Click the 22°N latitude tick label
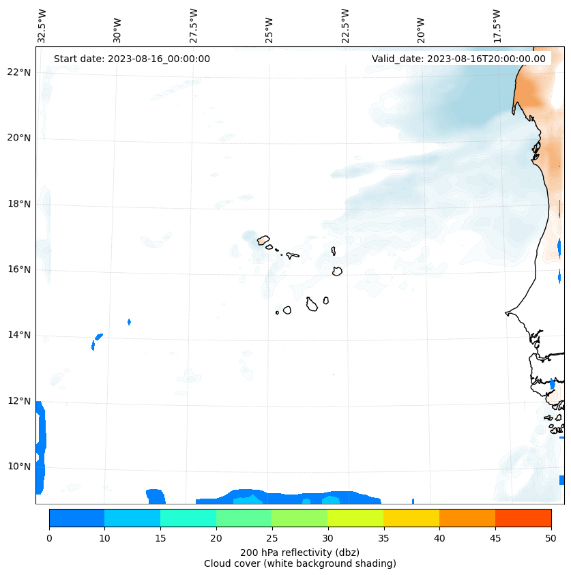pyautogui.click(x=19, y=72)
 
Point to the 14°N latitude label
pyautogui.click(x=19, y=335)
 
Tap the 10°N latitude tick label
pyautogui.click(x=19, y=467)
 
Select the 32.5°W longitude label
pyautogui.click(x=42, y=27)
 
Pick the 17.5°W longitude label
pyautogui.click(x=497, y=27)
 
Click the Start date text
pyautogui.click(x=132, y=59)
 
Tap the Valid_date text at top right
pyautogui.click(x=458, y=59)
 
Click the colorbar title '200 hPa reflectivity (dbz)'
pyautogui.click(x=300, y=552)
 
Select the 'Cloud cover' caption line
pyautogui.click(x=300, y=563)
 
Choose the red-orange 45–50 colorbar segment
pyautogui.click(x=523, y=518)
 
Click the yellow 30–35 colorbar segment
pyautogui.click(x=355, y=518)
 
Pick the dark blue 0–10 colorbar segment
pyautogui.click(x=76, y=518)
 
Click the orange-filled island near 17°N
pyautogui.click(x=263, y=240)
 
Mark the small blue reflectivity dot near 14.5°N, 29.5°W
pyautogui.click(x=129, y=321)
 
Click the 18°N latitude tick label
pyautogui.click(x=19, y=204)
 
